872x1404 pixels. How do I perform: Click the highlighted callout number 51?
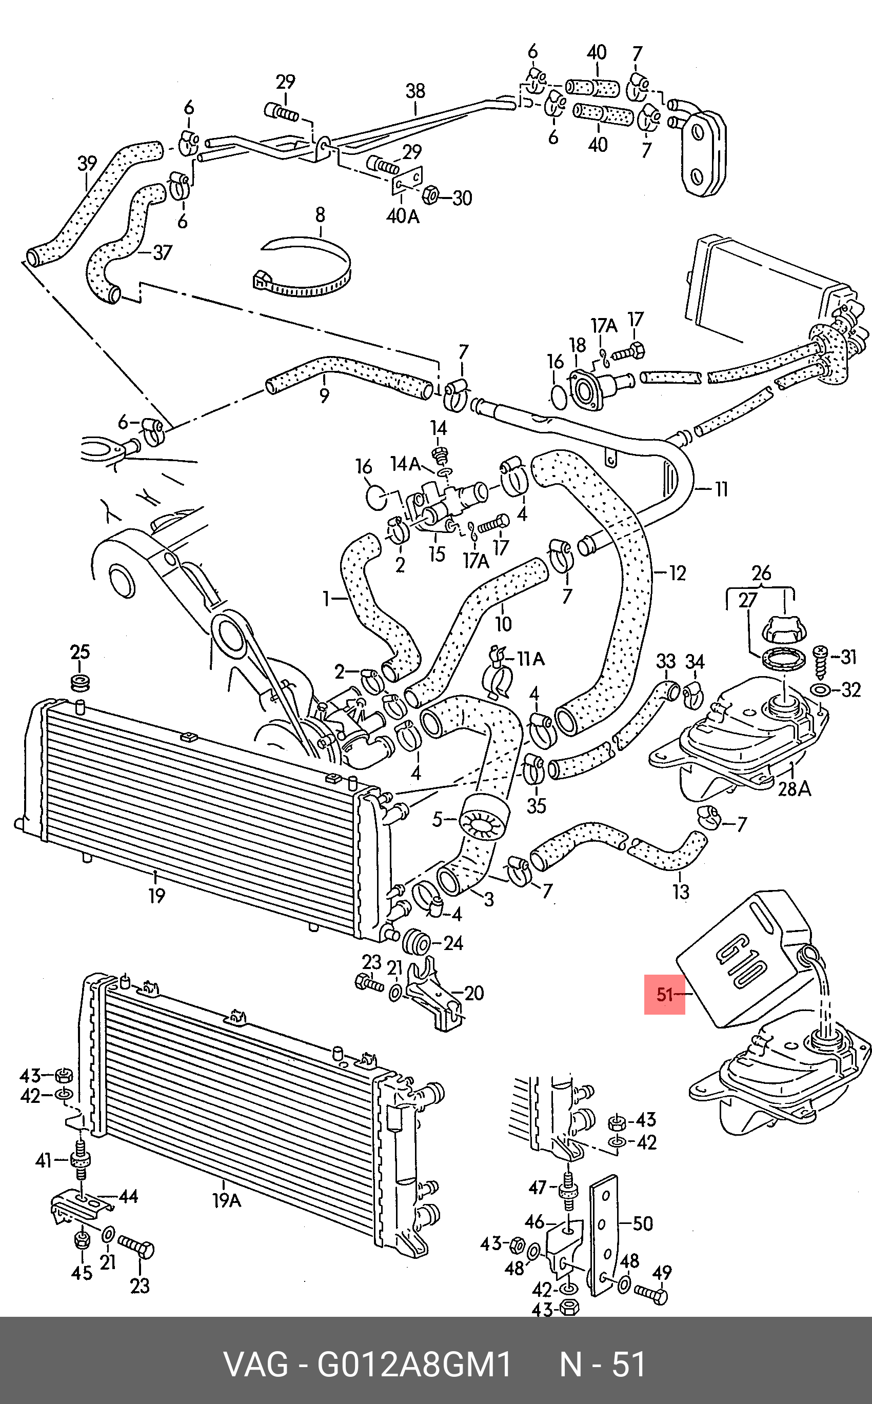(x=664, y=994)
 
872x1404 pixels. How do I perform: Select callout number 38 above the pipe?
(x=415, y=90)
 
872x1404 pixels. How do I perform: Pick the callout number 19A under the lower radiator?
(x=227, y=1200)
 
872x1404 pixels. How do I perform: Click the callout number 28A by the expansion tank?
(x=794, y=788)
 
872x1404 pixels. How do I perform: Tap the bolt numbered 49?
(x=652, y=1294)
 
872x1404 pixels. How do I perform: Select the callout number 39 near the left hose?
(x=87, y=163)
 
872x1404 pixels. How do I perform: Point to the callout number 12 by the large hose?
(x=678, y=573)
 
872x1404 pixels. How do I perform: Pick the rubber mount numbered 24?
(x=418, y=942)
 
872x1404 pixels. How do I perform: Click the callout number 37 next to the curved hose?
(x=162, y=252)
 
